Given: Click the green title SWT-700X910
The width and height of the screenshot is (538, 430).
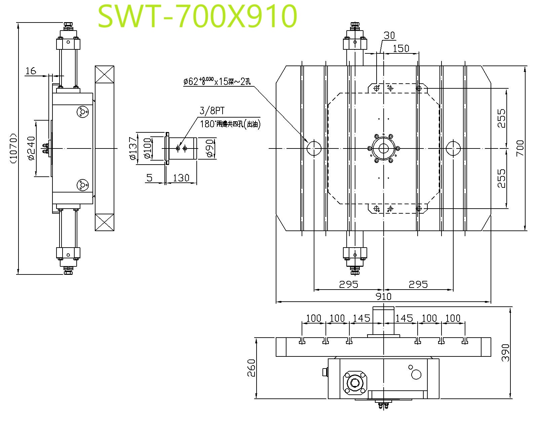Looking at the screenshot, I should click(198, 16).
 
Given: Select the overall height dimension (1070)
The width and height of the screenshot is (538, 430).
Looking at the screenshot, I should click(14, 148).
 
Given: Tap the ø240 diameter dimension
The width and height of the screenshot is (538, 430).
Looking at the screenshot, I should click(31, 148).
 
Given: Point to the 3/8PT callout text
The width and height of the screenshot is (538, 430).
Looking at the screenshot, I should click(212, 111).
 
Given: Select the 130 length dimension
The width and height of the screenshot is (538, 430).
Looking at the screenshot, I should click(181, 177).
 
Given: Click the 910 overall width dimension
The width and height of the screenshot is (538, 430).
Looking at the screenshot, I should click(384, 297).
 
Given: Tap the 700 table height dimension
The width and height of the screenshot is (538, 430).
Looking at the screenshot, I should click(520, 148).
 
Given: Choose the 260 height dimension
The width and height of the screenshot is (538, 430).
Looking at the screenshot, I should click(251, 368).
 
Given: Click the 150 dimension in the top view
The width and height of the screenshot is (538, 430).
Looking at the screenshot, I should click(401, 48).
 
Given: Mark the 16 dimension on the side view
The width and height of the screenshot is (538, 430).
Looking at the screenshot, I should click(30, 71).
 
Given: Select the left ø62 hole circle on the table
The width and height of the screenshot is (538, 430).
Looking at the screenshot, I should click(314, 148).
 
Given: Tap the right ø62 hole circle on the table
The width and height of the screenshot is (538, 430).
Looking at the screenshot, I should click(453, 148).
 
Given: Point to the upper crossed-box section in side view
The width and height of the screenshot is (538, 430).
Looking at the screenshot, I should click(105, 74).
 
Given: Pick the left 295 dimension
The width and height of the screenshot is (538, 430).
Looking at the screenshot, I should click(349, 285).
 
